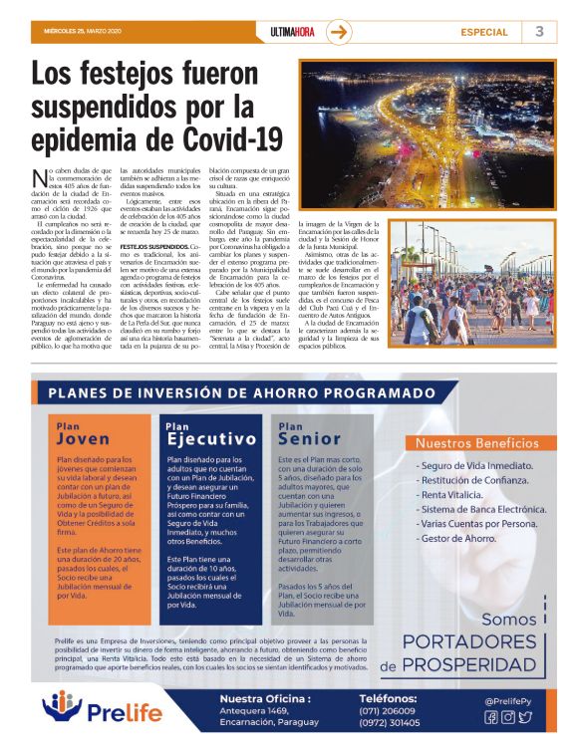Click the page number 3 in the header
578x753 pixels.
click(539, 31)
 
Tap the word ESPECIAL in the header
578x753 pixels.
click(484, 32)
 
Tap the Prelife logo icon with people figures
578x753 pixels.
click(62, 709)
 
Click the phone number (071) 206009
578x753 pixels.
click(391, 710)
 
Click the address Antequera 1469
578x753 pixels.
click(254, 710)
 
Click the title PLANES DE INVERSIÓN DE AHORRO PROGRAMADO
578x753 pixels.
click(245, 392)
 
